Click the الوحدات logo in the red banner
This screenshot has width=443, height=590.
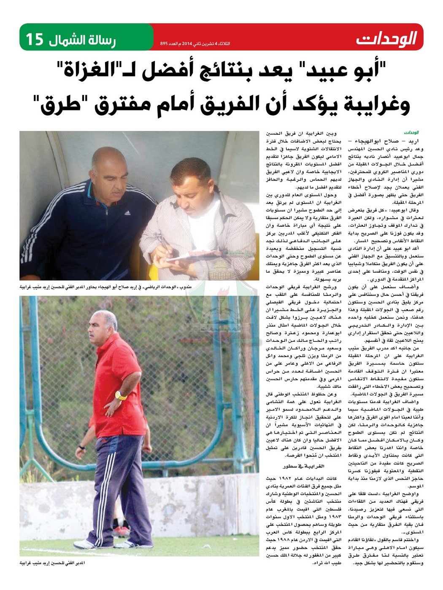coord(386,39)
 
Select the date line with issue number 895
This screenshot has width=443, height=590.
coord(195,44)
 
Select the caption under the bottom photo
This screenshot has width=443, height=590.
coord(52,563)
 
